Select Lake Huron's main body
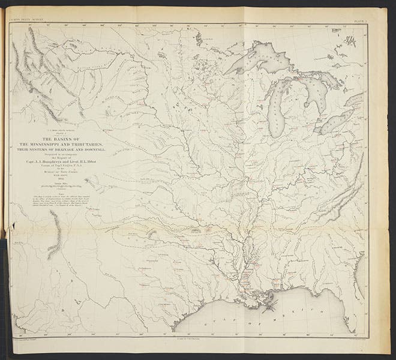312,90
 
